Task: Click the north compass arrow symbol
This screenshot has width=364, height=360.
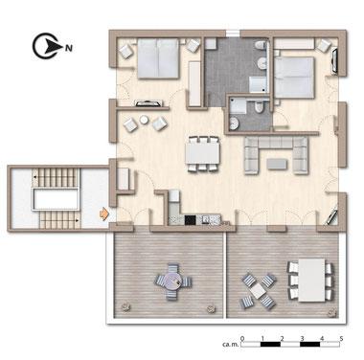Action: (x=47, y=47)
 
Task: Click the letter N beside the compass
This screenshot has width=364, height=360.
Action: (x=69, y=48)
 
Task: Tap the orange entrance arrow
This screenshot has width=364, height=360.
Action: (x=104, y=214)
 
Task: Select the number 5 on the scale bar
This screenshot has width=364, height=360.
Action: (x=341, y=338)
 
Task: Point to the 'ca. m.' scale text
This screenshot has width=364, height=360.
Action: (x=230, y=345)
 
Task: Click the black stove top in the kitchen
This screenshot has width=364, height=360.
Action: (x=191, y=219)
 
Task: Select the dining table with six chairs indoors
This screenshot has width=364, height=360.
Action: (x=203, y=154)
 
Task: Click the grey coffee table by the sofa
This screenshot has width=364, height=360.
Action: (x=277, y=165)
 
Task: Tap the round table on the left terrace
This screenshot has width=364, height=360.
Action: (x=173, y=281)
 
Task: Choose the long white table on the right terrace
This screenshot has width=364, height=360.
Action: (x=312, y=280)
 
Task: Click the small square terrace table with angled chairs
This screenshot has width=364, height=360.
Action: (x=258, y=291)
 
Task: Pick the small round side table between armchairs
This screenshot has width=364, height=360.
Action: (x=145, y=120)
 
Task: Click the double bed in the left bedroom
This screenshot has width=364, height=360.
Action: (x=158, y=58)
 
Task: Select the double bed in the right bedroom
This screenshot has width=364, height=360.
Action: (x=294, y=78)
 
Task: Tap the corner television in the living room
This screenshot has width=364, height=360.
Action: (x=331, y=216)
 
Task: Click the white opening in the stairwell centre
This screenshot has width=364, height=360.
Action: (x=57, y=199)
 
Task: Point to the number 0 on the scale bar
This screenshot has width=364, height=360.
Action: (x=242, y=338)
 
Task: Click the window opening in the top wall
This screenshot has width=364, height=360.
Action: (x=233, y=33)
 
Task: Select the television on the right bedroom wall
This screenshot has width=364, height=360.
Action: (x=333, y=61)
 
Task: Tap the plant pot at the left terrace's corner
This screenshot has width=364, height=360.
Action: (x=125, y=307)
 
